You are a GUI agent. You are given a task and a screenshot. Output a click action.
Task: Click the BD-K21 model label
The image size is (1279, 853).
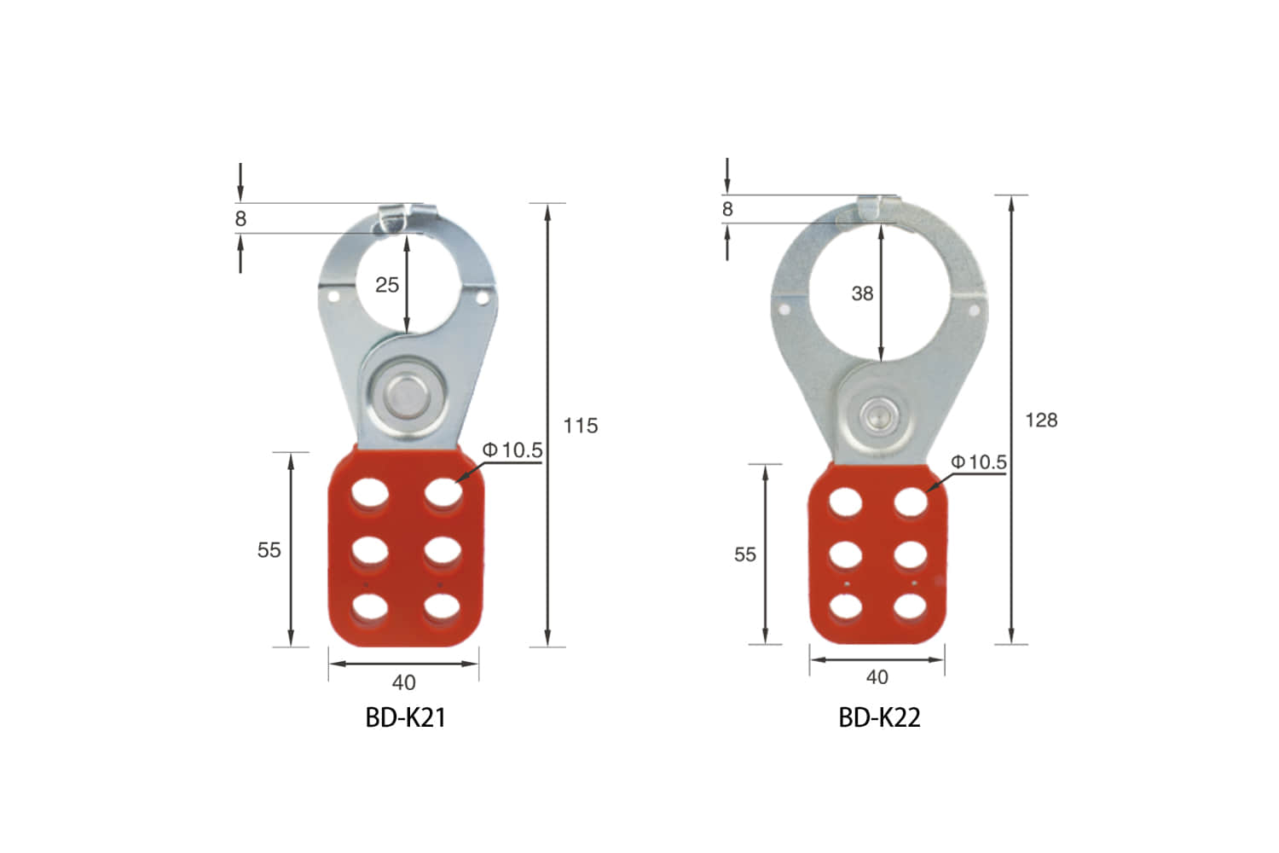(x=405, y=717)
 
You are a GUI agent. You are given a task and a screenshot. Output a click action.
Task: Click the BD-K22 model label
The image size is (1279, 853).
(x=879, y=717)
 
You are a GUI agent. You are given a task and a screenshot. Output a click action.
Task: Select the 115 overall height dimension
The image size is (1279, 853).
(x=581, y=426)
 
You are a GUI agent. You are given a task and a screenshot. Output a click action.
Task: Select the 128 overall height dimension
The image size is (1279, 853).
(x=1041, y=420)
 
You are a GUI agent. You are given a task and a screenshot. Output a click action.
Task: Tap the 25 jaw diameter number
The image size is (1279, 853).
(x=387, y=285)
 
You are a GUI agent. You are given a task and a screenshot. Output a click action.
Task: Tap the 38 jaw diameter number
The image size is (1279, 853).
(x=862, y=293)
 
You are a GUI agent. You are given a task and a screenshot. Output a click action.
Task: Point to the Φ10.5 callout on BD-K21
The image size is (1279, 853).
(x=512, y=450)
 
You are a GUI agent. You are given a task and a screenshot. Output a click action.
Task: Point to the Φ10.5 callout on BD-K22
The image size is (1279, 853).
(x=979, y=462)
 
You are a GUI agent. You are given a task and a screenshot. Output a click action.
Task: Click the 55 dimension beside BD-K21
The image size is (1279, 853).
(x=269, y=550)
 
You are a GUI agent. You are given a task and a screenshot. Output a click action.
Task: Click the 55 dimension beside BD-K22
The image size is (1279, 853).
(x=744, y=554)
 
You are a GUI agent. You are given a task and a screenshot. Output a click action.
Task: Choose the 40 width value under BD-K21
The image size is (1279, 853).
(x=403, y=682)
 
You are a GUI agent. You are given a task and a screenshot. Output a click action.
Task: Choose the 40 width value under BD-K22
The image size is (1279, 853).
(x=877, y=677)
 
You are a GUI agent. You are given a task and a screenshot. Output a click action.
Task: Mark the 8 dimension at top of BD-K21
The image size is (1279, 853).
(x=240, y=219)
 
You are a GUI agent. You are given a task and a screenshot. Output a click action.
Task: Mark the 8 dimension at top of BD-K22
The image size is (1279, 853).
(x=726, y=209)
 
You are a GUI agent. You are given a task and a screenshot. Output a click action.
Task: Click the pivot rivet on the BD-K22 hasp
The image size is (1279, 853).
(x=875, y=416)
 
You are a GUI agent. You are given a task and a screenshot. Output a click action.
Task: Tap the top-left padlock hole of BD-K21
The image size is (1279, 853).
(x=369, y=493)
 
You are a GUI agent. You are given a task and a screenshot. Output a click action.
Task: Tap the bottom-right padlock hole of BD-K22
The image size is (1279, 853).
(x=911, y=606)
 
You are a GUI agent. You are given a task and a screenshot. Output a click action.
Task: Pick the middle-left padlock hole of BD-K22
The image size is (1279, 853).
(x=846, y=554)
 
